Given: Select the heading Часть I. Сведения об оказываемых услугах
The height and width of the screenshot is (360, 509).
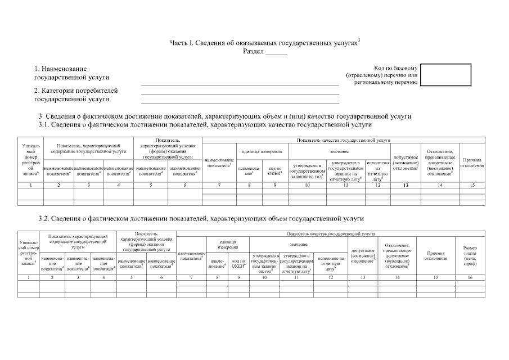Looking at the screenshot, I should (x=264, y=43).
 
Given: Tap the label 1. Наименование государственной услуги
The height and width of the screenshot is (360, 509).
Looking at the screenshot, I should (x=72, y=73).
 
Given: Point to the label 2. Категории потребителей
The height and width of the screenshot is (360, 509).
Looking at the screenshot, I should (x=76, y=94).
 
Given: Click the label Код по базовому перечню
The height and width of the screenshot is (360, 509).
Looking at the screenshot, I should (x=382, y=75).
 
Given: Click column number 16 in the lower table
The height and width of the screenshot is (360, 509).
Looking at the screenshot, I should (x=470, y=277).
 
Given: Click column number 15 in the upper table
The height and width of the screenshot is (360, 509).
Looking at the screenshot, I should (x=472, y=184).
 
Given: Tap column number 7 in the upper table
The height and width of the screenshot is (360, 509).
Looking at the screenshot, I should (x=219, y=184).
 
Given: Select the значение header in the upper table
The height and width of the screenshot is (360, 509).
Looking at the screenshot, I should (x=339, y=152).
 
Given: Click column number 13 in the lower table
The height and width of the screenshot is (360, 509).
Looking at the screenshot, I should (x=363, y=277).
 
